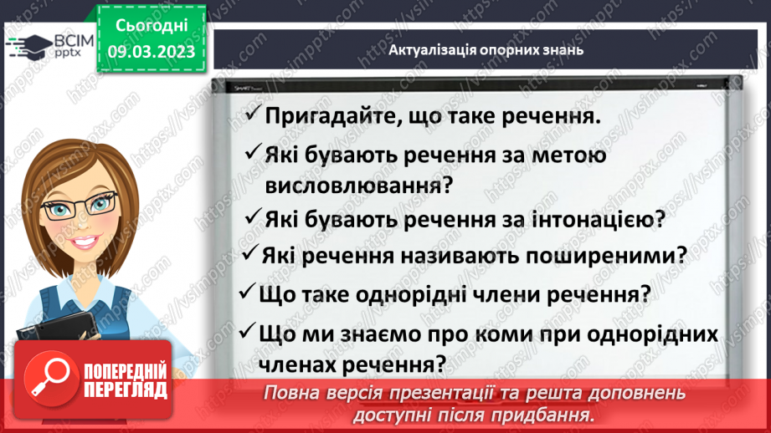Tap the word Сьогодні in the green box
151,28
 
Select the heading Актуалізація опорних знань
486,49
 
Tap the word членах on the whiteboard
302,364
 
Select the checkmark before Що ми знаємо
246,332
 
